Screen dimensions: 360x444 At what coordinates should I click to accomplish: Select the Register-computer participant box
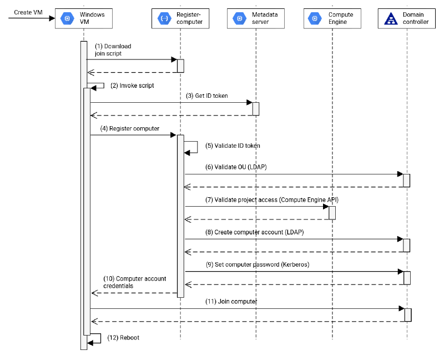pos(180,18)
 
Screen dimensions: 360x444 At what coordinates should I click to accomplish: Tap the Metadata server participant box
pos(255,18)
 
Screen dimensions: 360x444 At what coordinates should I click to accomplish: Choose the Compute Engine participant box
pos(331,18)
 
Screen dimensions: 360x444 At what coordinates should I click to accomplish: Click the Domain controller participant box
pos(407,18)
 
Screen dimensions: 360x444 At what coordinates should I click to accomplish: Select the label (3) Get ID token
pos(206,96)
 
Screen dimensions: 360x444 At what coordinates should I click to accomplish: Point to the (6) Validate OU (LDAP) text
pos(236,167)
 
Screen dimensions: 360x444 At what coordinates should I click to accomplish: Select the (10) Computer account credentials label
pos(134,282)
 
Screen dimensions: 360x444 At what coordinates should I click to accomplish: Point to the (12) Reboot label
pos(123,338)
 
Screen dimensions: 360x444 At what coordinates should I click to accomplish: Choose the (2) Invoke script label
pos(132,86)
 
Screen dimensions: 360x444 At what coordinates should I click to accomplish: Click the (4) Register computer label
pos(130,128)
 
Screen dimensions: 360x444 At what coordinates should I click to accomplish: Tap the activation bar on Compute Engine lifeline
pos(332,213)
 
